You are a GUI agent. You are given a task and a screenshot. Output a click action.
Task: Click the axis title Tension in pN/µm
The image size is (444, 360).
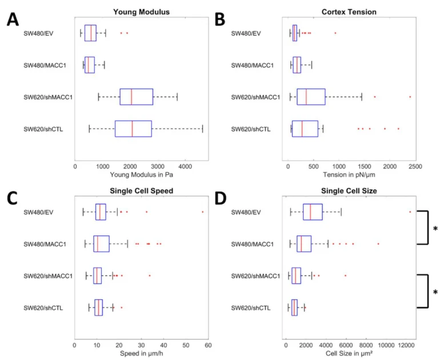[351, 174]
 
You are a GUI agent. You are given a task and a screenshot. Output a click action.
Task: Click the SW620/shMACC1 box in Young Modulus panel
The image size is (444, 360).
[136, 97]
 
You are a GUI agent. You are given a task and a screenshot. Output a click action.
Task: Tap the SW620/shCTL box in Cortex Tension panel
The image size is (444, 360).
[305, 129]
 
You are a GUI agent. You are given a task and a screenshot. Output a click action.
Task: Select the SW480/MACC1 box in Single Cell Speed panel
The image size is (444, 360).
[101, 244]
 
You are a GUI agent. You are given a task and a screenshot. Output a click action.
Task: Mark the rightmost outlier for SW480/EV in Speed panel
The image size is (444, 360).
[202, 212]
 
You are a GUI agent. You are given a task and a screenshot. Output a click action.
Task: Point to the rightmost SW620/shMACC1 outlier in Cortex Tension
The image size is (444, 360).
[410, 97]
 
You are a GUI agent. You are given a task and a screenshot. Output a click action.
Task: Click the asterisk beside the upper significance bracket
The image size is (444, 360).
[435, 229]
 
